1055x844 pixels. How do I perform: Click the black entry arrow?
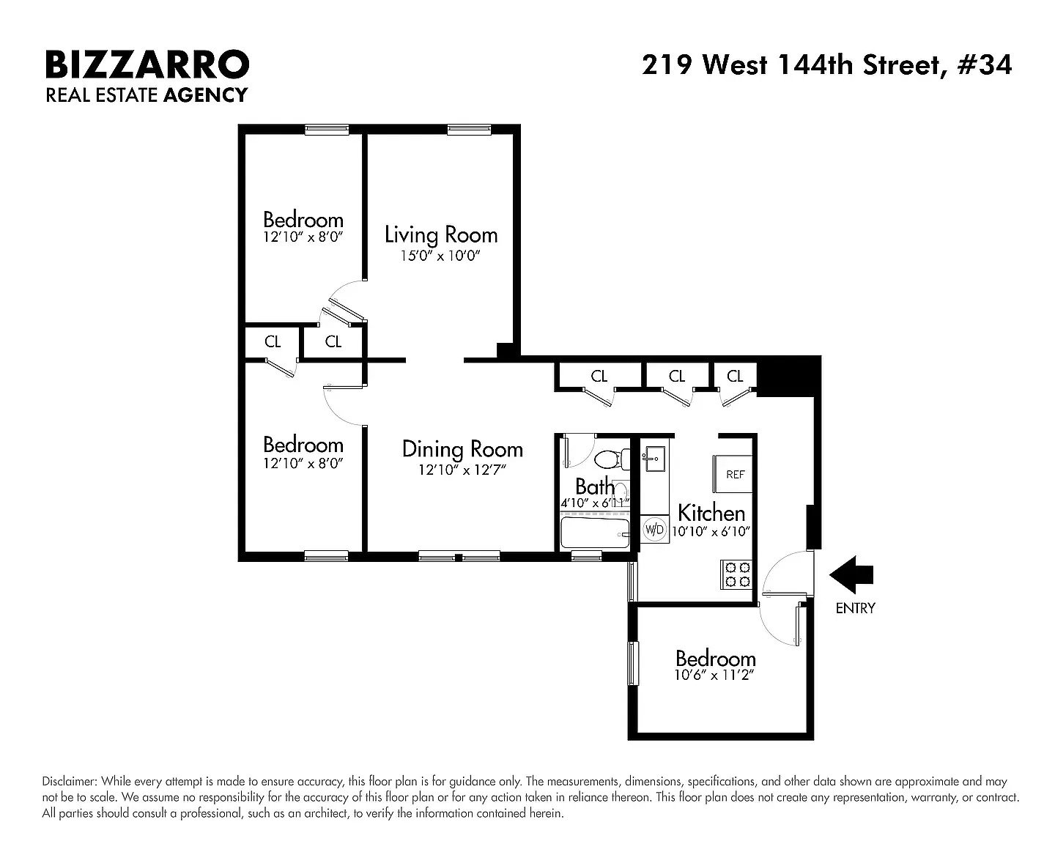(851, 575)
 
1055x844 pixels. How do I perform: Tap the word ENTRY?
(855, 608)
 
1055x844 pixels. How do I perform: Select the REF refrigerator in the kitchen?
(732, 474)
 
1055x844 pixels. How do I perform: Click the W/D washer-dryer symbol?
(654, 529)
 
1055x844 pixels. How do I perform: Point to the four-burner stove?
(736, 574)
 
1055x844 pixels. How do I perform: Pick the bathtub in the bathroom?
(595, 533)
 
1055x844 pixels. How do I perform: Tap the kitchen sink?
(654, 459)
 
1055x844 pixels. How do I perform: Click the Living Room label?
(441, 234)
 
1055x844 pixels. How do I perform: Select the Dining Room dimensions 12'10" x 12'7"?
(462, 470)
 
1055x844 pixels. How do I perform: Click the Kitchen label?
(711, 513)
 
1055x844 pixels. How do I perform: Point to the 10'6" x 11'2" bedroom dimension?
(714, 675)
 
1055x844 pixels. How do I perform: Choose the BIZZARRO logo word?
(147, 64)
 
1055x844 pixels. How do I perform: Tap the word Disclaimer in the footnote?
(70, 781)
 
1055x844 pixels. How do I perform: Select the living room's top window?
(469, 130)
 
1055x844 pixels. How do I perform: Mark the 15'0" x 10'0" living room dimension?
(440, 256)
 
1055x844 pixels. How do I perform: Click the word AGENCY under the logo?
(205, 95)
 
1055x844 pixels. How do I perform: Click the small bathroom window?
(586, 556)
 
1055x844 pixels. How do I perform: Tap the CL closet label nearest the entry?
(734, 376)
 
